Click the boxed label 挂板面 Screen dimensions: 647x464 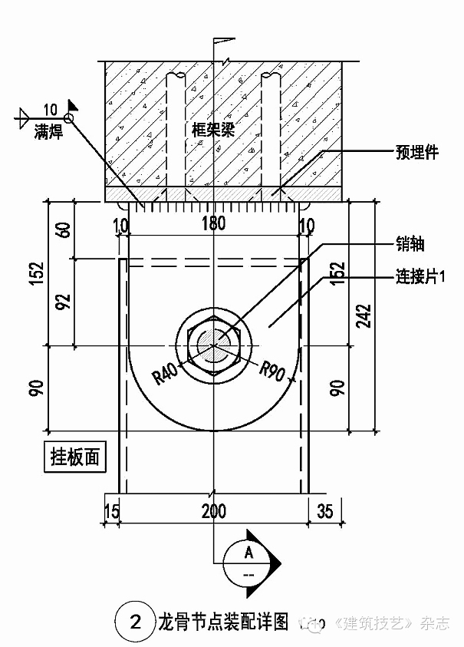(74, 457)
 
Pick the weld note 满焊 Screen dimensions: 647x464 (48, 132)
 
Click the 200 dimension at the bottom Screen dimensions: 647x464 (213, 510)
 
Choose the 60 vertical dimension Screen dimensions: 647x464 (64, 229)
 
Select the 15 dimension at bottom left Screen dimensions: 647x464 (112, 510)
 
